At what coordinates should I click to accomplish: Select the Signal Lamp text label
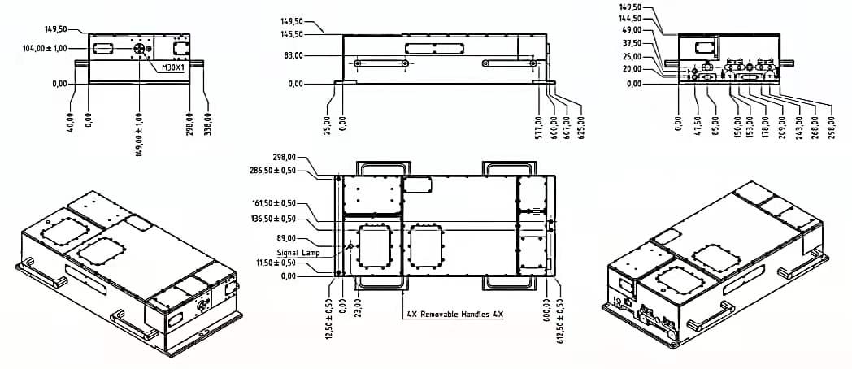(x=297, y=253)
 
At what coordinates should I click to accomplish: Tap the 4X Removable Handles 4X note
(x=455, y=314)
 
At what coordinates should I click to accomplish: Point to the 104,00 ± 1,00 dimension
(x=45, y=49)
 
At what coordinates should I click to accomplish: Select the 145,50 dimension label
(x=292, y=34)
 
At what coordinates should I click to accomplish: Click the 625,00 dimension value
(x=581, y=127)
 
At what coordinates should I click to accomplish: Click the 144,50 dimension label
(x=630, y=19)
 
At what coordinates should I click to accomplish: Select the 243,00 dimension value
(x=800, y=127)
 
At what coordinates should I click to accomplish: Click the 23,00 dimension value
(x=358, y=302)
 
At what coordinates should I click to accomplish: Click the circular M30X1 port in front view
(x=139, y=49)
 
